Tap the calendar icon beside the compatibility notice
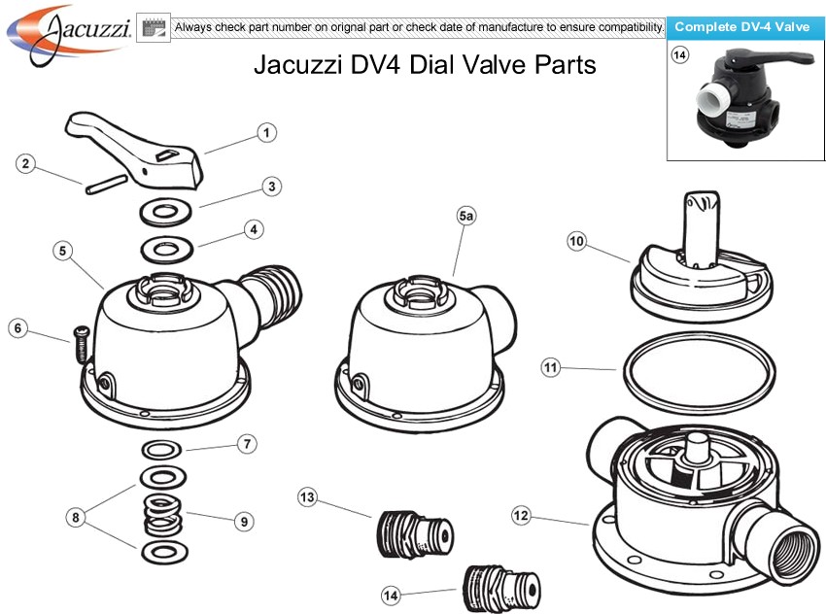click(x=154, y=27)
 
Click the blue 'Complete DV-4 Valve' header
click(x=742, y=27)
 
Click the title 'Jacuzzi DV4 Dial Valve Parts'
click(x=425, y=65)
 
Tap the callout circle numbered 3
click(x=272, y=185)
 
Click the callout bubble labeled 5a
click(x=465, y=218)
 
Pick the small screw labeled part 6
click(x=79, y=342)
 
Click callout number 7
click(x=248, y=444)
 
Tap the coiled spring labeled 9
click(x=162, y=515)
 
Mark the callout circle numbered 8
click(x=74, y=518)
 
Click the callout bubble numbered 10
click(x=577, y=241)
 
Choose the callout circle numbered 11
click(x=551, y=367)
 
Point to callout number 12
click(x=522, y=515)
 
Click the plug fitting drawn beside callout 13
click(x=413, y=535)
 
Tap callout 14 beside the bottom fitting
click(x=392, y=594)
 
